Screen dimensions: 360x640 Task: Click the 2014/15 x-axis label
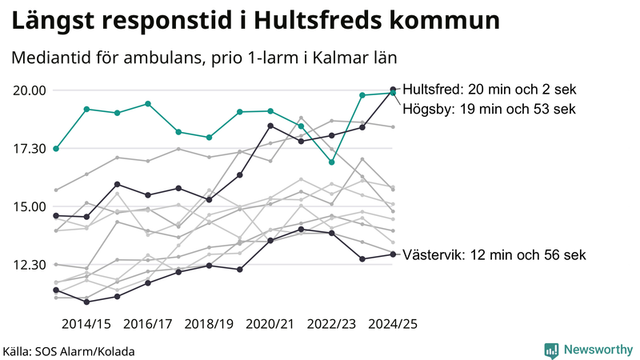pos(86,324)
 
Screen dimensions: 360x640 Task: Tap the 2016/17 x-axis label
pos(147,324)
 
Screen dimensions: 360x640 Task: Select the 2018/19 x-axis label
pos(209,324)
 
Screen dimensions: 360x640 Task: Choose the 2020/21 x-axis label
pos(270,324)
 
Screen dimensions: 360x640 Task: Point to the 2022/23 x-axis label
pos(331,324)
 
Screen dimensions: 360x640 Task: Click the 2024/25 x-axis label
pos(393,324)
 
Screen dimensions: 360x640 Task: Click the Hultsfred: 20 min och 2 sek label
pos(490,90)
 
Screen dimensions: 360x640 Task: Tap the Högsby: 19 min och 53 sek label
pos(489,109)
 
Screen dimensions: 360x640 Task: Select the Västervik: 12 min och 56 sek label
pos(494,255)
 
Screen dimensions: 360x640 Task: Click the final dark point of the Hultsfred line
pos(392,90)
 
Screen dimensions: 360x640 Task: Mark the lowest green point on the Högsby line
pos(331,162)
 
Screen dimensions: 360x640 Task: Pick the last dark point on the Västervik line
pos(392,254)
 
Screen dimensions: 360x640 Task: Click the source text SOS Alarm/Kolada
pos(69,351)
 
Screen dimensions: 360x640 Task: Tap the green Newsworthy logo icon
pos(551,350)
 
